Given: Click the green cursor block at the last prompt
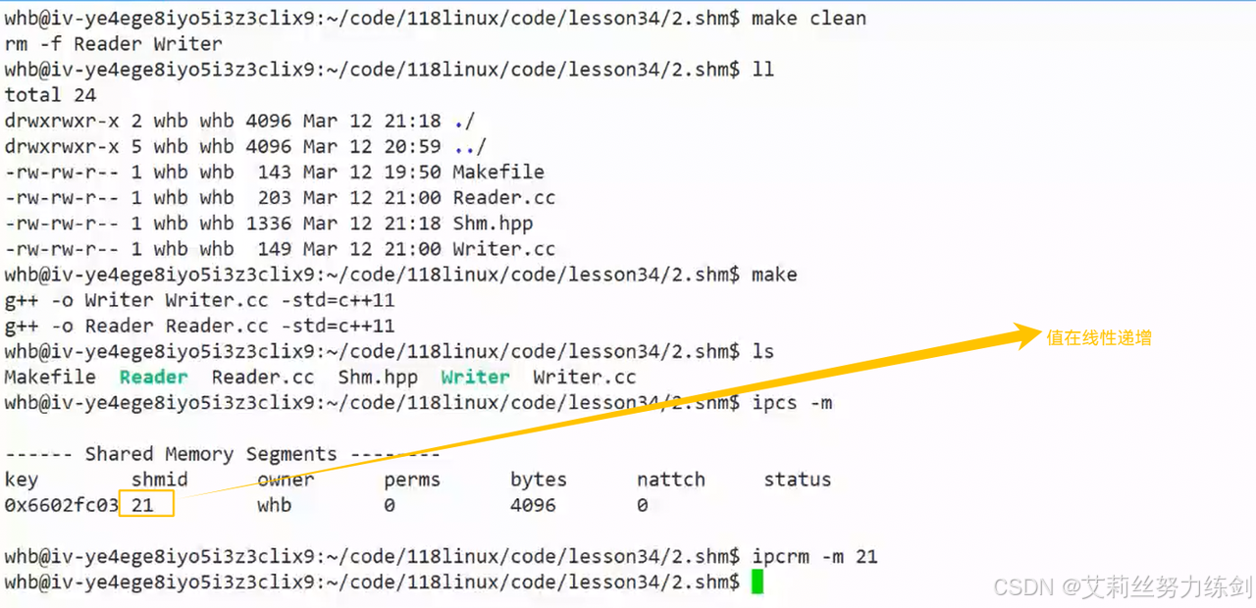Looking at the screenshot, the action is [x=757, y=583].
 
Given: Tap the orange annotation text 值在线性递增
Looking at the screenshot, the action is [x=1099, y=338].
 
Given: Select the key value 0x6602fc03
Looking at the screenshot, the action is [x=61, y=505].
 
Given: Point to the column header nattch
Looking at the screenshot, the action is [x=670, y=480].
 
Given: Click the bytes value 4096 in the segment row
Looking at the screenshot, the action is [x=533, y=505].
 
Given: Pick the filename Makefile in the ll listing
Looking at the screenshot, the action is [x=498, y=173].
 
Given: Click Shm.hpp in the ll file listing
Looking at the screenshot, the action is [x=493, y=224].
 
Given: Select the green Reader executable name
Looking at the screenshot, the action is [x=153, y=378].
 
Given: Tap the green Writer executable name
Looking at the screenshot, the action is [x=475, y=378].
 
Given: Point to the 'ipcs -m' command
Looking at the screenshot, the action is [x=792, y=403].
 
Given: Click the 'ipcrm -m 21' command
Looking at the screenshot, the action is [x=814, y=557].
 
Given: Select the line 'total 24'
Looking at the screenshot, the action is [x=50, y=95].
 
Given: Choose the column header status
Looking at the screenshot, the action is [x=797, y=480].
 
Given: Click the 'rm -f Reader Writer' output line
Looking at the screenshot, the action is [x=113, y=44].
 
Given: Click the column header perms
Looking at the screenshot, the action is [x=412, y=480].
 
